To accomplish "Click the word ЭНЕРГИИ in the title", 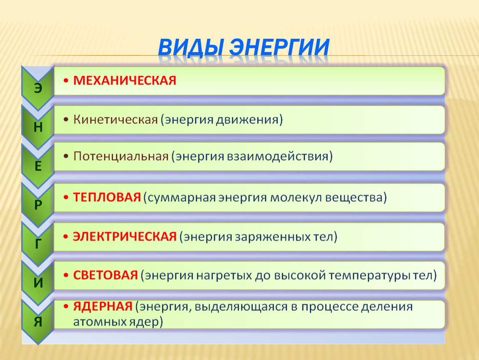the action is tap(279, 47).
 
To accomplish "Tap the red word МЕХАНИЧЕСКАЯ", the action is tap(125, 81).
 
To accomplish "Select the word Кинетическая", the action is tap(115, 120).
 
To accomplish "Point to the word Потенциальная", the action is tap(121, 157).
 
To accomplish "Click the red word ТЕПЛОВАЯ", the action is tap(107, 197).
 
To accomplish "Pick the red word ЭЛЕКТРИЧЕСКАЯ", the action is tap(125, 237).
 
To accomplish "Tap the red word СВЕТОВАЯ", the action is tap(105, 275).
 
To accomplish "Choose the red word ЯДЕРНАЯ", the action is tap(102, 307).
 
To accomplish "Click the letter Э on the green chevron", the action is tap(38, 88).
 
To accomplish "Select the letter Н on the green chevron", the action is tap(38, 127).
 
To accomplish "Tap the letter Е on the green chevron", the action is tap(38, 166).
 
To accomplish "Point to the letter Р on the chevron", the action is tap(38, 205).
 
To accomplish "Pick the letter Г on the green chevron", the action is tap(38, 244).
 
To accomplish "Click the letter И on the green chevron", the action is tap(38, 283).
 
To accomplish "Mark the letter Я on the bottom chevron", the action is tap(38, 322).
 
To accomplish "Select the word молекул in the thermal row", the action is tap(296, 198).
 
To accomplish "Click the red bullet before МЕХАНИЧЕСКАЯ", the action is tap(66, 81).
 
